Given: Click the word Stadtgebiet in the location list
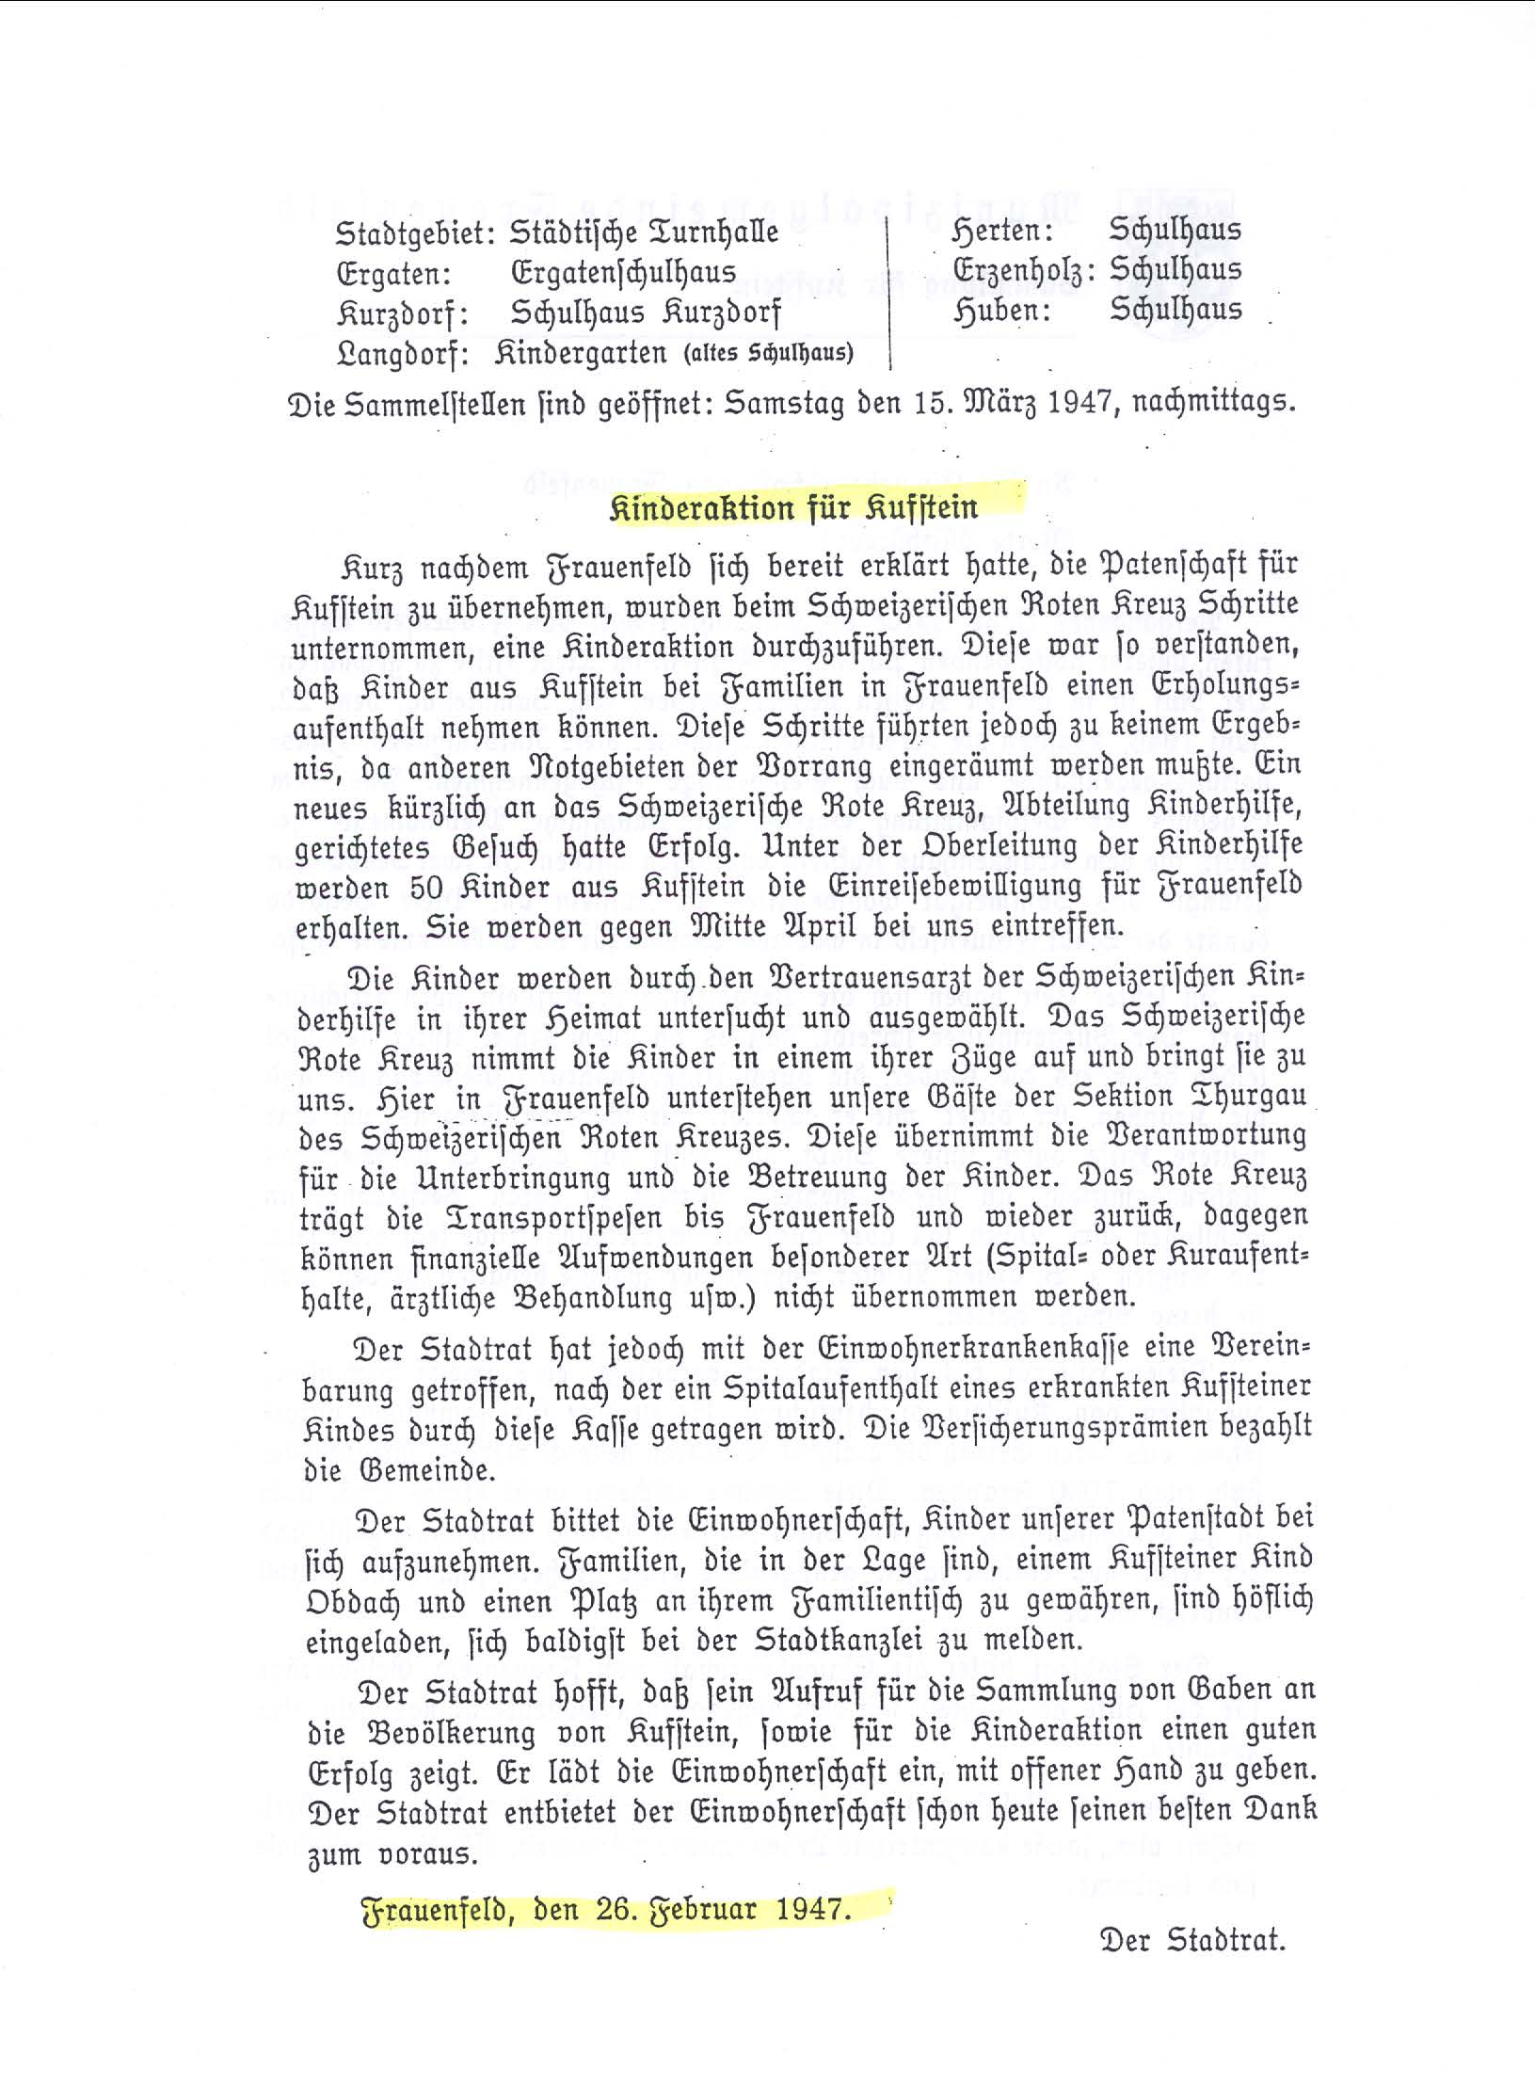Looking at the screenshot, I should pyautogui.click(x=413, y=233).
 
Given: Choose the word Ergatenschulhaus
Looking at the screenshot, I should pyautogui.click(x=623, y=273).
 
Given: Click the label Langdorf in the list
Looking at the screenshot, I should pyautogui.click(x=403, y=355).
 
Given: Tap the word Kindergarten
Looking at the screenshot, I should pyautogui.click(x=581, y=354).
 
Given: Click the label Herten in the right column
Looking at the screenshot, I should pyautogui.click(x=1001, y=231).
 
